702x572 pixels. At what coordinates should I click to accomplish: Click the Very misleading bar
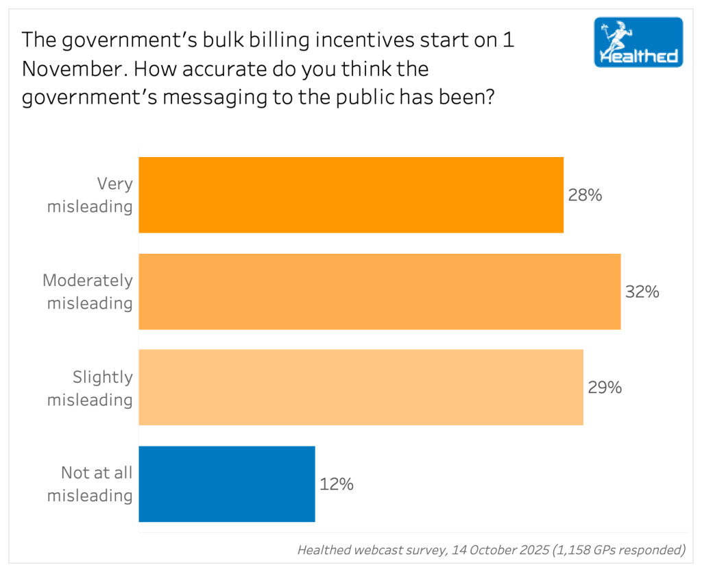pos(351,195)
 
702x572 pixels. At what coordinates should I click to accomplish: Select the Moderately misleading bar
pos(380,291)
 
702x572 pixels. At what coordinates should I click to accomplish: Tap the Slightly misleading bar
pos(361,388)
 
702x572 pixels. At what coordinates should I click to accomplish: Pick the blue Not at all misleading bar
pos(227,484)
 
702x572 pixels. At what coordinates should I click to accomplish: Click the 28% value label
pos(585,195)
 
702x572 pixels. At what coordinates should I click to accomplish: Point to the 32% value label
pos(642,292)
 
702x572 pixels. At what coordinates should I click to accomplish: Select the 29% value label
pos(605,388)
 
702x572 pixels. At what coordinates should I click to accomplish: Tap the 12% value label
pos(337,484)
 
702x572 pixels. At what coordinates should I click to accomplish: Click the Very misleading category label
pos(90,195)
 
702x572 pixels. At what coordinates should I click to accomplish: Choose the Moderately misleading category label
pos(88,291)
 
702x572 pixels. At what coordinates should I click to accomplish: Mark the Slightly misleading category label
pos(90,388)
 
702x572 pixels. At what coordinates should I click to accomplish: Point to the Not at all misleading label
pos(90,484)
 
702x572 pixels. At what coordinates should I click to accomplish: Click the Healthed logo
pos(638,42)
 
